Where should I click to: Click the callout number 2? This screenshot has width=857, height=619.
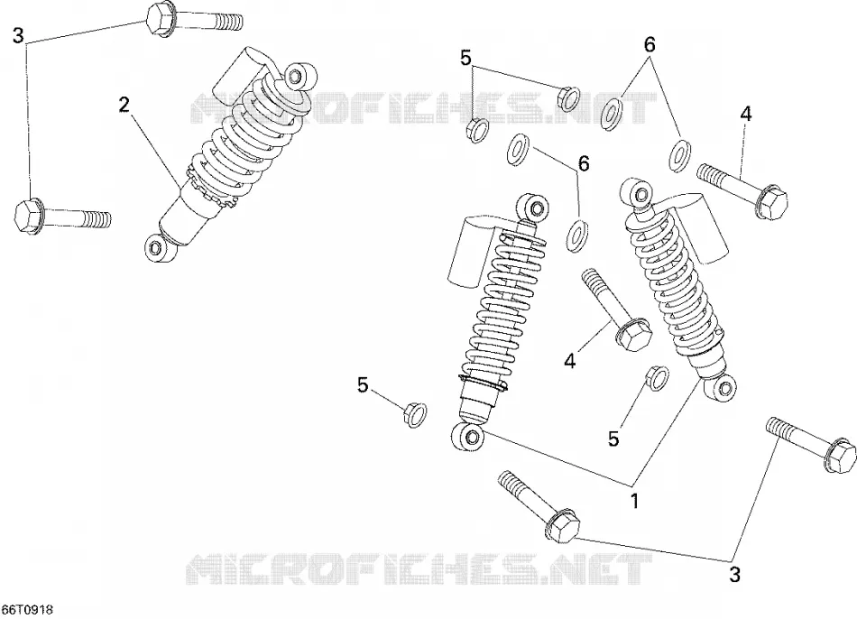(124, 104)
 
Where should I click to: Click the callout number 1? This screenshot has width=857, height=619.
(634, 500)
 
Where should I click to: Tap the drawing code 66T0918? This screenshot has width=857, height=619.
(27, 609)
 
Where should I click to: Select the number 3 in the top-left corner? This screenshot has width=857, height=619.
(18, 36)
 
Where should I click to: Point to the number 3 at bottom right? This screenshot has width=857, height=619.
(734, 574)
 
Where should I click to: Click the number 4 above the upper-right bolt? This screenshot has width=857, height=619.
(746, 113)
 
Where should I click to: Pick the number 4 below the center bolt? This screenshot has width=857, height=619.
(570, 360)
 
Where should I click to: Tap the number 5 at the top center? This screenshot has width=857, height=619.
(465, 57)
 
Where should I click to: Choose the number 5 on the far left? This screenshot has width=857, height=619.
(363, 385)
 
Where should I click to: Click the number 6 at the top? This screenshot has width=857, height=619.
(650, 45)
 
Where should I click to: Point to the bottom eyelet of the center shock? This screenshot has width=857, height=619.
(467, 437)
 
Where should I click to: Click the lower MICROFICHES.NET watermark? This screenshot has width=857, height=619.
(419, 569)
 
